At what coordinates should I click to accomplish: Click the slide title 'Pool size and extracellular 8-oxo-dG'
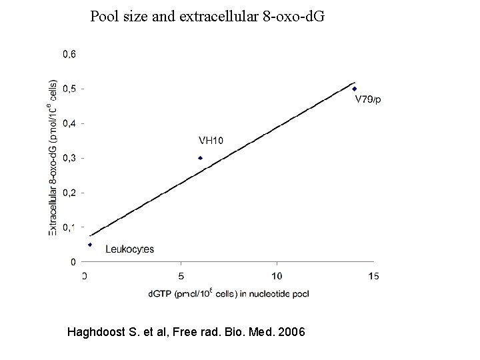pyautogui.click(x=207, y=16)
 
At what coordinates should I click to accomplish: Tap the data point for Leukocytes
pyautogui.click(x=90, y=245)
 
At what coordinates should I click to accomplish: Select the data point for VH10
pyautogui.click(x=200, y=158)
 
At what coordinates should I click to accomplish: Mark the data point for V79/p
pyautogui.click(x=355, y=89)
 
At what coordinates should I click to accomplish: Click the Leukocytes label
pyautogui.click(x=129, y=249)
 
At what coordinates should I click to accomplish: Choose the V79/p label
pyautogui.click(x=368, y=100)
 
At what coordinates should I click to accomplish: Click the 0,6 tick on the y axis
pyautogui.click(x=69, y=54)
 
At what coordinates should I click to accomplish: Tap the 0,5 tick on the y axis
pyautogui.click(x=69, y=89)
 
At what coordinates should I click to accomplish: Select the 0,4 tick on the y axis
pyautogui.click(x=69, y=123)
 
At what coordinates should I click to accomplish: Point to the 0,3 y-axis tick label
pyautogui.click(x=69, y=158)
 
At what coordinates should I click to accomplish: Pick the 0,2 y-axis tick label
pyautogui.click(x=69, y=193)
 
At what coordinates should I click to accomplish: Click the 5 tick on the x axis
pyautogui.click(x=181, y=275)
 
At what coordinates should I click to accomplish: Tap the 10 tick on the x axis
pyautogui.click(x=277, y=275)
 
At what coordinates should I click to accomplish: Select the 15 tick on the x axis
pyautogui.click(x=374, y=275)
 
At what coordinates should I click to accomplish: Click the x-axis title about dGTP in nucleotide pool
pyautogui.click(x=228, y=293)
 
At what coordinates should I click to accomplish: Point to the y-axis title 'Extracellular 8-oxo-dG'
pyautogui.click(x=53, y=159)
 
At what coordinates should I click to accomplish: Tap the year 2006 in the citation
pyautogui.click(x=291, y=331)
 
